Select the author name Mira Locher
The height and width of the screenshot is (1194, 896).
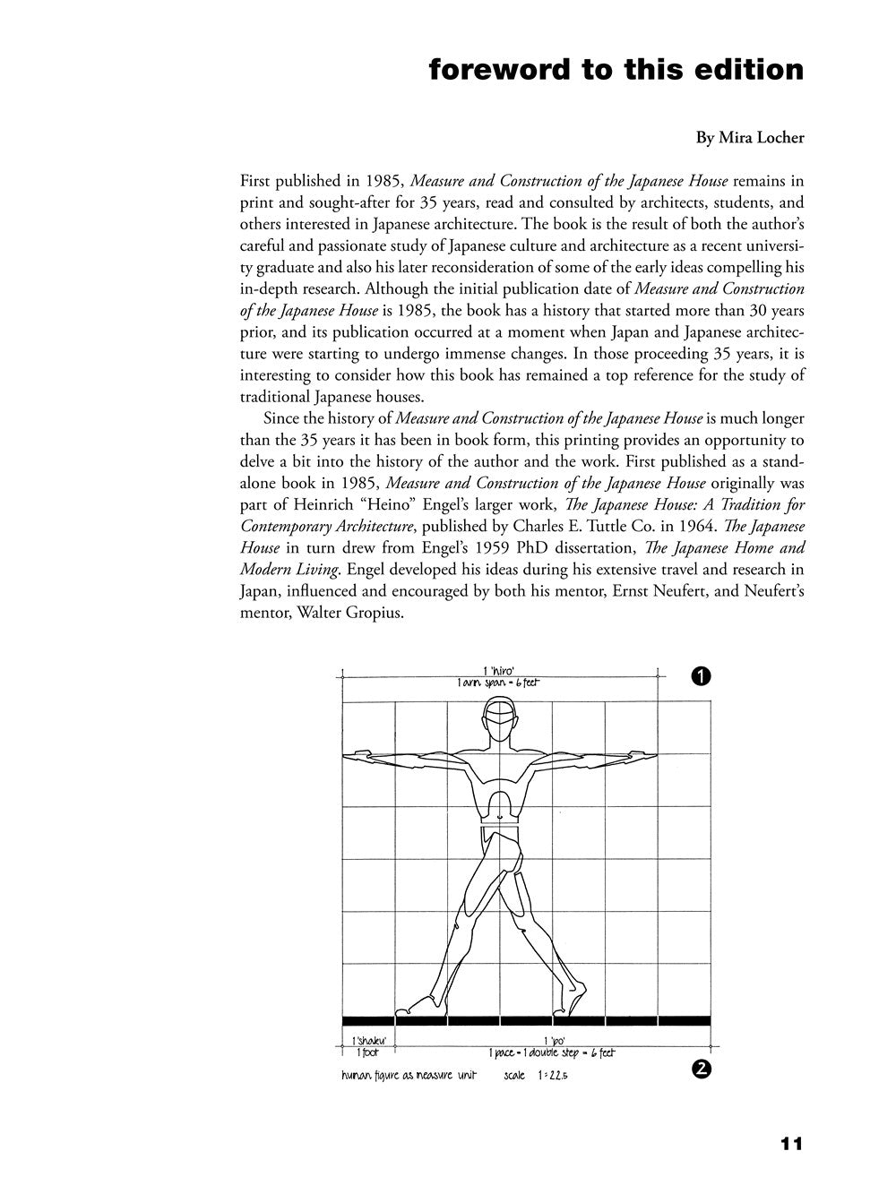point(750,138)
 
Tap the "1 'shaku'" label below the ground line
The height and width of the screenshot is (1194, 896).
point(368,1041)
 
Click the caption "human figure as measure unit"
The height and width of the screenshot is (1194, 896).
point(409,1075)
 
